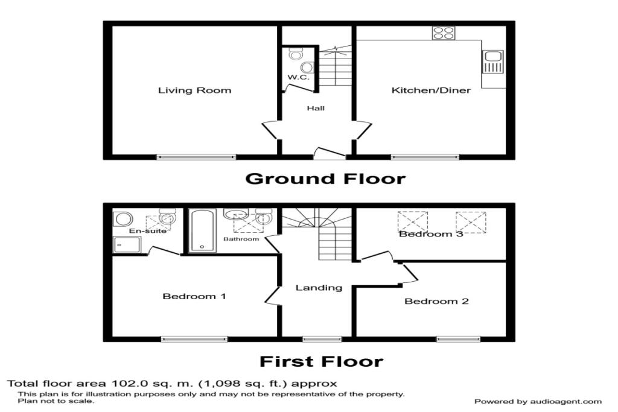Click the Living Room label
195,90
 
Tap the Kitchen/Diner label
431,90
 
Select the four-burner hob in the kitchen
444,33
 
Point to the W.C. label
298,77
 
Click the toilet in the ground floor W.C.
295,54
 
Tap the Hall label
316,109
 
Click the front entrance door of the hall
330,153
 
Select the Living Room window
196,157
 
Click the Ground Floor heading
325,179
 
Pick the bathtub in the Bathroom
202,230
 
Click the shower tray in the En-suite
127,244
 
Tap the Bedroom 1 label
194,296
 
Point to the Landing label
319,288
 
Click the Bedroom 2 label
437,302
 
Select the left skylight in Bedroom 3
413,222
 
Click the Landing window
322,339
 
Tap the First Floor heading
321,361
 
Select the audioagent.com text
565,402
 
